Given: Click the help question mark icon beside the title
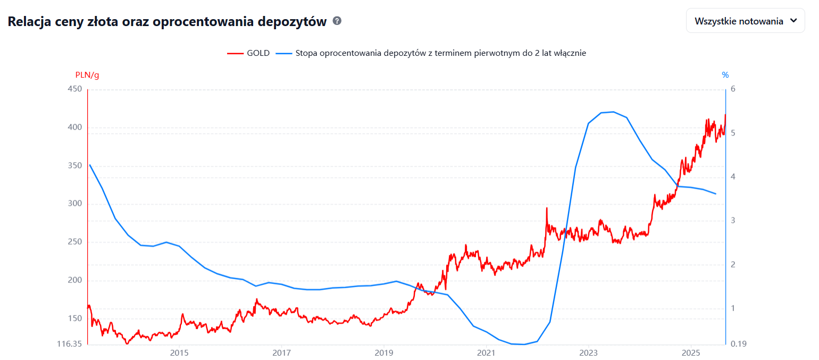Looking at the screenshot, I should coord(337,21).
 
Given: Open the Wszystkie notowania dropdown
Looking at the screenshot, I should coord(745,21).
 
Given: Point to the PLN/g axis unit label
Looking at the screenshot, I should coord(87,75).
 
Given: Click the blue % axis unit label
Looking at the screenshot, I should coord(725,75).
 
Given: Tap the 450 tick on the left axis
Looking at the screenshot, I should coord(75,89).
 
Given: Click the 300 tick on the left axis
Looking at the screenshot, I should coord(75,204).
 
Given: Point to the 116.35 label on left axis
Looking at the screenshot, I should coord(70,344).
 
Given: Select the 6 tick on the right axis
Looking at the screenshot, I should coord(733,89).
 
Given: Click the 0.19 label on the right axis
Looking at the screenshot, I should coord(739,344).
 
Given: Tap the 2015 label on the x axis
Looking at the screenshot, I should coord(179,353).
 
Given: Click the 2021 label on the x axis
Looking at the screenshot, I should coord(486,353).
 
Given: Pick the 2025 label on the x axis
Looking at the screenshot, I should coord(690,353).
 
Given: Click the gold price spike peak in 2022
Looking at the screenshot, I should coord(546,208).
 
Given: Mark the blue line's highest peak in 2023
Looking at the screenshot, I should coord(613,112).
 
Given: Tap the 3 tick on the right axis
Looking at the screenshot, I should coord(733,220).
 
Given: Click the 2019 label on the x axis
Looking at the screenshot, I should coord(384,353).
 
